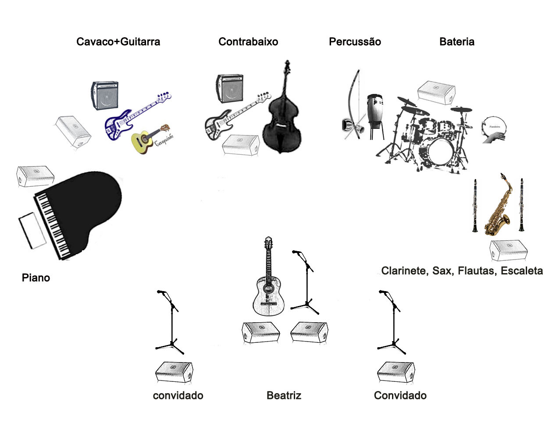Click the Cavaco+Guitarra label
pos(118,42)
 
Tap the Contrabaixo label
pos(248,42)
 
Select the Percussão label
pos(355,42)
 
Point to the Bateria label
pos(457,42)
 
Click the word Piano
pos(36,278)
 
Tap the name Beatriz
pos(284,396)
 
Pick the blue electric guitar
pos(127,118)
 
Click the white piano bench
pos(32,231)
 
